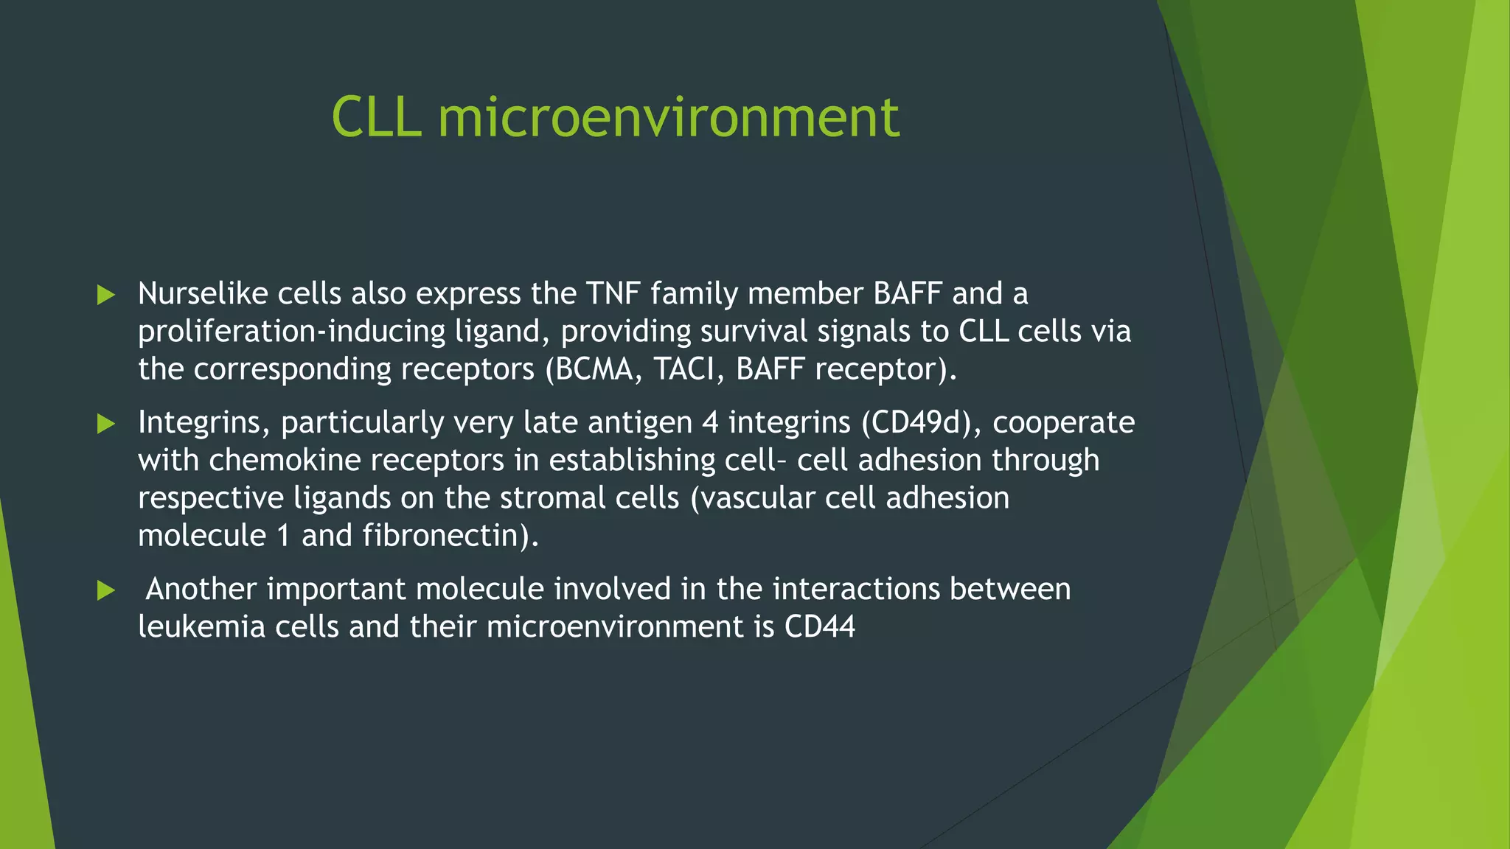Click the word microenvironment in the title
(669, 117)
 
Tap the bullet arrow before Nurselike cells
(106, 296)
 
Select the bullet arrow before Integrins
(106, 424)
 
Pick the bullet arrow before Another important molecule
(106, 590)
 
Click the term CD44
(819, 627)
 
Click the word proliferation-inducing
(291, 332)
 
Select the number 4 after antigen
(710, 423)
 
